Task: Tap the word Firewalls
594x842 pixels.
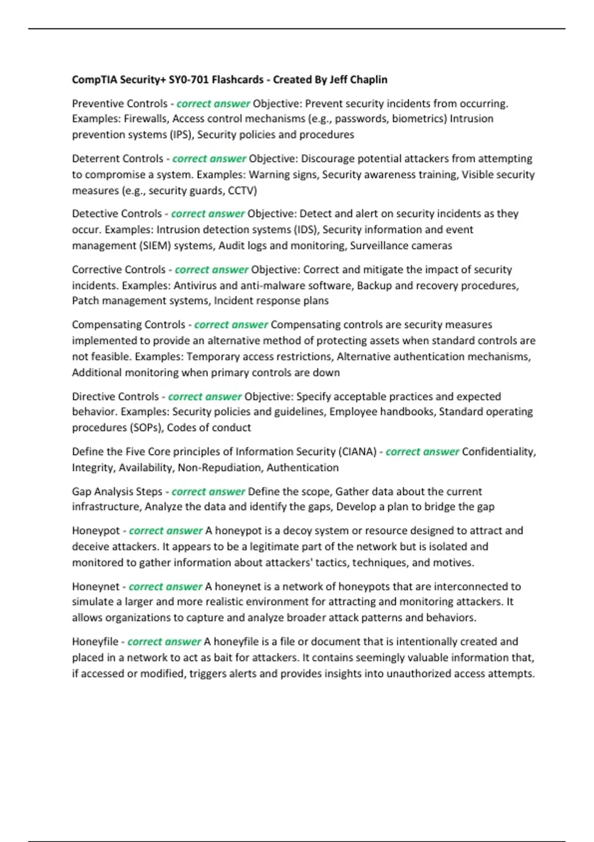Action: [146, 119]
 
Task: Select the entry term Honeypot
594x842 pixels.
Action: [96, 531]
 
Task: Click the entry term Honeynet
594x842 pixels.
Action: [96, 587]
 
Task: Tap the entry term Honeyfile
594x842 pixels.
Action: [95, 642]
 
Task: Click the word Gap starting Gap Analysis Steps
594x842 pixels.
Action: [81, 492]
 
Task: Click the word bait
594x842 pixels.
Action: [226, 658]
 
